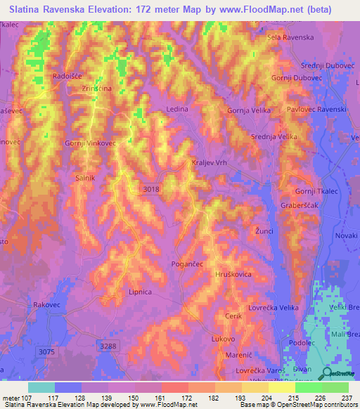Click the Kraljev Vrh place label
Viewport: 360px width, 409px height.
click(x=210, y=162)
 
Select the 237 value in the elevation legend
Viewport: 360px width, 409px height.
click(x=347, y=398)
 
